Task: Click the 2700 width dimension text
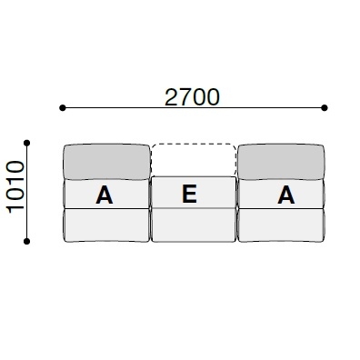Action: (192, 96)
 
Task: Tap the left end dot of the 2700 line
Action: (62, 108)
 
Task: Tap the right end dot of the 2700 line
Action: (324, 108)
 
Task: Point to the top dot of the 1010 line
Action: (28, 142)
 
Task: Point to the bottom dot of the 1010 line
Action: (28, 241)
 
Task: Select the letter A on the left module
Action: (105, 195)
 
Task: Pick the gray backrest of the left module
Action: (105, 162)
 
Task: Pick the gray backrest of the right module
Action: (280, 162)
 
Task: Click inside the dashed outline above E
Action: (193, 160)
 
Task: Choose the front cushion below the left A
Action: (105, 225)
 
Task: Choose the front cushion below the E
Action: (193, 225)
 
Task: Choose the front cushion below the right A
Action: (280, 225)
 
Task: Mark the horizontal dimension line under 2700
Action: (136, 108)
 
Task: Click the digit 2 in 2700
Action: (171, 96)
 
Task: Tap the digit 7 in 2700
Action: (185, 96)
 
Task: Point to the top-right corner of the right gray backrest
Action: (321, 146)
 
